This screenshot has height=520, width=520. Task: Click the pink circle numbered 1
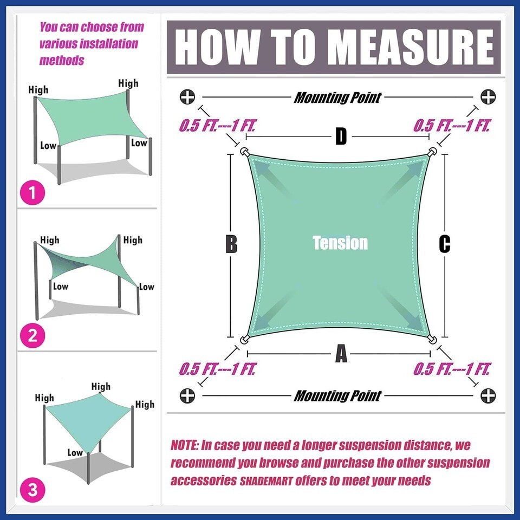coord(32,192)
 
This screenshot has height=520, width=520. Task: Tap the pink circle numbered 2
coord(32,336)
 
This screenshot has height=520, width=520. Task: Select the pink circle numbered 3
coord(32,490)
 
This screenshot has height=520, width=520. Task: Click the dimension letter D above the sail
coord(341,136)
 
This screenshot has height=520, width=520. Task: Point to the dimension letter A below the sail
coord(341,354)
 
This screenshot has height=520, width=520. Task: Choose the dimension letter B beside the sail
coord(231,244)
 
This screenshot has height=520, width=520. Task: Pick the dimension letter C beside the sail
coord(444,244)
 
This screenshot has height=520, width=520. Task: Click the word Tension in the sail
coord(340,243)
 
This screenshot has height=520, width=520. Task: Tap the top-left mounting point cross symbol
coord(187,97)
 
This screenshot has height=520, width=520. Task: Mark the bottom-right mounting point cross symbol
coord(488,395)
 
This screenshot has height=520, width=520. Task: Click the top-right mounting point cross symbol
coord(488,97)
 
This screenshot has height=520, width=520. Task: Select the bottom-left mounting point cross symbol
coord(187,395)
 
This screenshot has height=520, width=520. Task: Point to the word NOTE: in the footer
coord(185,445)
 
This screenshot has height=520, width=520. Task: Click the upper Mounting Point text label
coord(337,97)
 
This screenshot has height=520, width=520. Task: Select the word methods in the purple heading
coord(62,60)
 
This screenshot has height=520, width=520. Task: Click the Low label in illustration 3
coord(75,452)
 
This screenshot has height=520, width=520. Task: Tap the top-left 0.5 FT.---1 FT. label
coord(217,126)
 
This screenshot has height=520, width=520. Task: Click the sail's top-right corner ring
coord(432,152)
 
